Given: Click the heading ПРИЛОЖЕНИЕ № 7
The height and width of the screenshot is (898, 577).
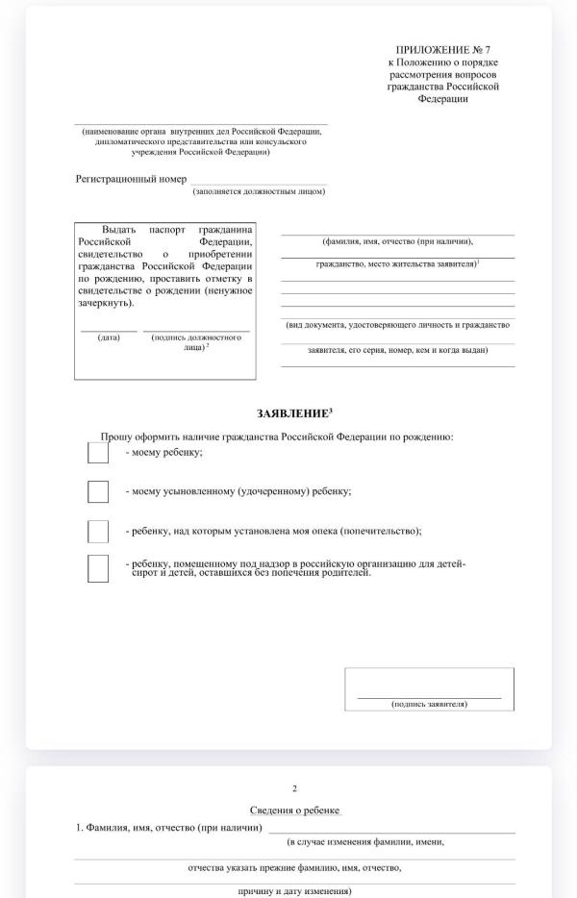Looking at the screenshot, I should pyautogui.click(x=448, y=49).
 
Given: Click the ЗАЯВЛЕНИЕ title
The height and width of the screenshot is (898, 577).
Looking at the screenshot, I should pyautogui.click(x=294, y=412).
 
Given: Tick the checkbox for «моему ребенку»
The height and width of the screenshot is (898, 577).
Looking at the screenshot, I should pyautogui.click(x=98, y=452).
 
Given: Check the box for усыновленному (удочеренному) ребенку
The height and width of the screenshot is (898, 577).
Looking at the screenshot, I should pyautogui.click(x=98, y=491).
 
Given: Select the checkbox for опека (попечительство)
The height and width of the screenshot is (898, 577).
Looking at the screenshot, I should pyautogui.click(x=98, y=531).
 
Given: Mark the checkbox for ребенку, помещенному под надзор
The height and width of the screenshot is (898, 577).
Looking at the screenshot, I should pyautogui.click(x=98, y=569).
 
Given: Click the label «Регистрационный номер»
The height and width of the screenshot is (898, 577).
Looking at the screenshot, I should pyautogui.click(x=131, y=179).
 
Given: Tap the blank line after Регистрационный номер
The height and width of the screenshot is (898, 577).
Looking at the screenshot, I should pyautogui.click(x=258, y=182).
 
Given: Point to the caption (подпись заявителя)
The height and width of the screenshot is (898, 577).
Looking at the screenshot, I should pyautogui.click(x=429, y=704).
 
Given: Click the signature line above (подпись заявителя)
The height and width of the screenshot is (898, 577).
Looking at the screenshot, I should pyautogui.click(x=429, y=696).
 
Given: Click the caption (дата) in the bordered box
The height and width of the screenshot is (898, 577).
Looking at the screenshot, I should pyautogui.click(x=109, y=337).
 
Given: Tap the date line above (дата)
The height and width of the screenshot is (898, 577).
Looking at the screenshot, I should pyautogui.click(x=109, y=331).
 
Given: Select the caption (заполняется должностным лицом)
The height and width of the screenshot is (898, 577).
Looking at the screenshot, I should pyautogui.click(x=259, y=191).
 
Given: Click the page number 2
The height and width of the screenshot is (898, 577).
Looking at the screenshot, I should pyautogui.click(x=294, y=788).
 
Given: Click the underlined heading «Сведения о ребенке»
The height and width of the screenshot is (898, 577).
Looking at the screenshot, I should pyautogui.click(x=294, y=811).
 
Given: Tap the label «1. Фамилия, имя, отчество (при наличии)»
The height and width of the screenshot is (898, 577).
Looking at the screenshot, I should pyautogui.click(x=169, y=827).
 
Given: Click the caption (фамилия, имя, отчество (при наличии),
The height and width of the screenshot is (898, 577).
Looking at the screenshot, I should pyautogui.click(x=397, y=241).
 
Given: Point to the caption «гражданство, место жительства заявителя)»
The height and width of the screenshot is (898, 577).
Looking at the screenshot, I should pyautogui.click(x=397, y=262).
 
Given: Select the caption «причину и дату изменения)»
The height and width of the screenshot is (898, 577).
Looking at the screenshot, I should pyautogui.click(x=294, y=891).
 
